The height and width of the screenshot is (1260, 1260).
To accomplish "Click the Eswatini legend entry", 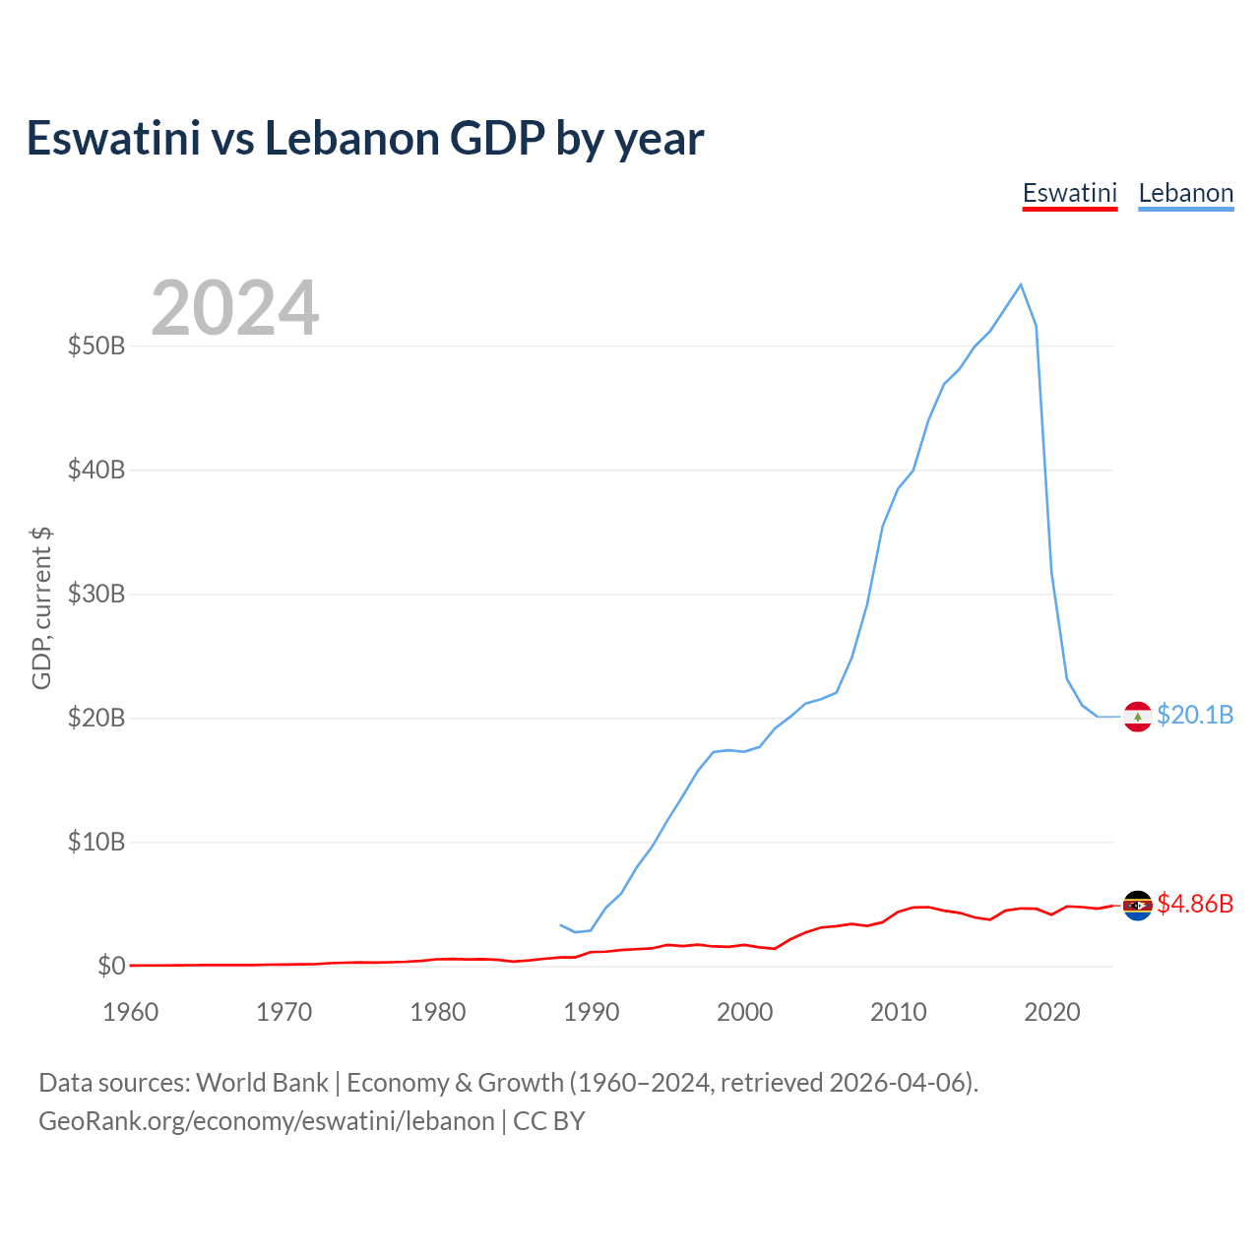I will [x=1070, y=193].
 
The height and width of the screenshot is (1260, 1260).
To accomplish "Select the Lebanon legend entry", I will [x=1185, y=193].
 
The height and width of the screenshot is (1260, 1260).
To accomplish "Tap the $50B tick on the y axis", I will [x=96, y=346].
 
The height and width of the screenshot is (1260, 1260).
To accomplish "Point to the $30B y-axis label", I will [x=96, y=595].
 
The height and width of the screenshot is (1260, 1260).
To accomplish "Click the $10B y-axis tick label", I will [x=96, y=843].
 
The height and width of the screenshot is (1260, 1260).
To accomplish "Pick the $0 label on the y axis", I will [x=111, y=967].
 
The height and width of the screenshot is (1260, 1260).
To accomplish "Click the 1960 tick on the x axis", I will [x=131, y=1012].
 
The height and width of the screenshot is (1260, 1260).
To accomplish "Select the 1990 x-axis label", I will [x=592, y=1012].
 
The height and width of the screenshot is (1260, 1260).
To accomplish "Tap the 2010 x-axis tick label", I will [x=899, y=1012].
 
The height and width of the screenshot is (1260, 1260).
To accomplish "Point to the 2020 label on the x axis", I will [x=1052, y=1012].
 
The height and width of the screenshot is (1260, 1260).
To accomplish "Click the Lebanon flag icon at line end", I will [x=1138, y=717].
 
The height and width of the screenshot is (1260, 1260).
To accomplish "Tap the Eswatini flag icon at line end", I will [x=1138, y=905].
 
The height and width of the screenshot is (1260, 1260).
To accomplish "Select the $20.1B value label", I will [x=1195, y=715].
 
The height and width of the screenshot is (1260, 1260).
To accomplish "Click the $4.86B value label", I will [x=1195, y=904].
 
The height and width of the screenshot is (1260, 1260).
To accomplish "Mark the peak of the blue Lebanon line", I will [x=1021, y=284].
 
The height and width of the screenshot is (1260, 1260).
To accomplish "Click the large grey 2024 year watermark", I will [x=235, y=308].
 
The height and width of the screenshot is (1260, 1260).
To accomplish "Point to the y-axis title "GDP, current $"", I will [x=41, y=608].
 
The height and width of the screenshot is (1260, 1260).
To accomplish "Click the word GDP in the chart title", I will [x=497, y=139].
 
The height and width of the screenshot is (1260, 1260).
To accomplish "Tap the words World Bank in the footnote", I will [x=262, y=1083].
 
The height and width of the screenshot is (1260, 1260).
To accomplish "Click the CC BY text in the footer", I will [x=549, y=1121].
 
